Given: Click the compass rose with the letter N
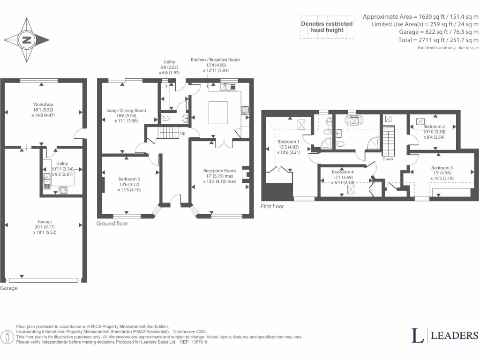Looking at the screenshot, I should coord(26,40).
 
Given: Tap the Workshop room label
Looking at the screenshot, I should coord(43,104).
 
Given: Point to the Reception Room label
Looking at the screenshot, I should coord(219,171).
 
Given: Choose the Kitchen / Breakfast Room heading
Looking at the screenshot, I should coord(215,60).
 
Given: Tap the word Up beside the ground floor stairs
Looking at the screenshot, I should coord(182,133).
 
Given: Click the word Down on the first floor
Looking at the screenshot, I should coord(388,159).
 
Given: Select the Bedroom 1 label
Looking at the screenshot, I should coord(288,142).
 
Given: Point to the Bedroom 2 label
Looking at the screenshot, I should coord(434,127).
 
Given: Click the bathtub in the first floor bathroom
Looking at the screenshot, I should coord(354,120).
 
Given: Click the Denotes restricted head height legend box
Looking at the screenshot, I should coord(327,27).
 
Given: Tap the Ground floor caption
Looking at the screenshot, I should coord(112,224).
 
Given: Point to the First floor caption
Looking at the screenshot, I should coord(272,206).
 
